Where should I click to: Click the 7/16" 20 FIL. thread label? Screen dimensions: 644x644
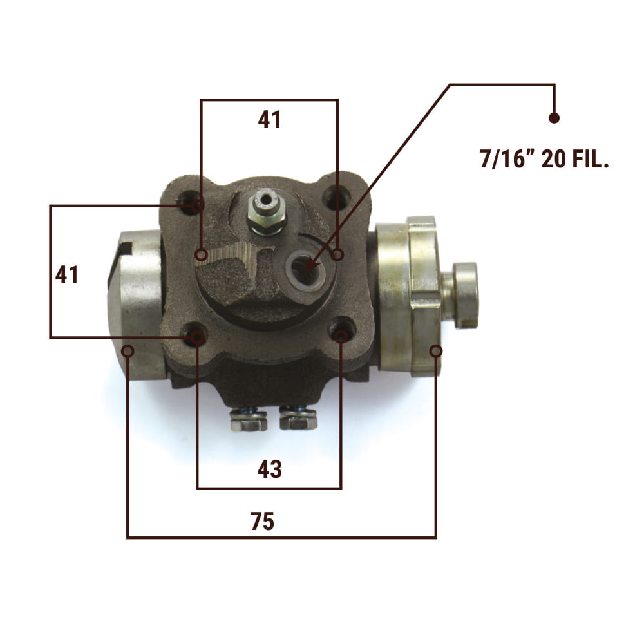click(x=544, y=159)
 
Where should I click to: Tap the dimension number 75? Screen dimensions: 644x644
click(x=263, y=522)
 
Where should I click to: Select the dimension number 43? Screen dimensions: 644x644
click(x=269, y=469)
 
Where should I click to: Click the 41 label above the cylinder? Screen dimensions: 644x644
click(x=269, y=120)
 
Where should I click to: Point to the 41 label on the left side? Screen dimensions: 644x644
click(x=66, y=275)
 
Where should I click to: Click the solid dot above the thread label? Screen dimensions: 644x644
click(x=554, y=118)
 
